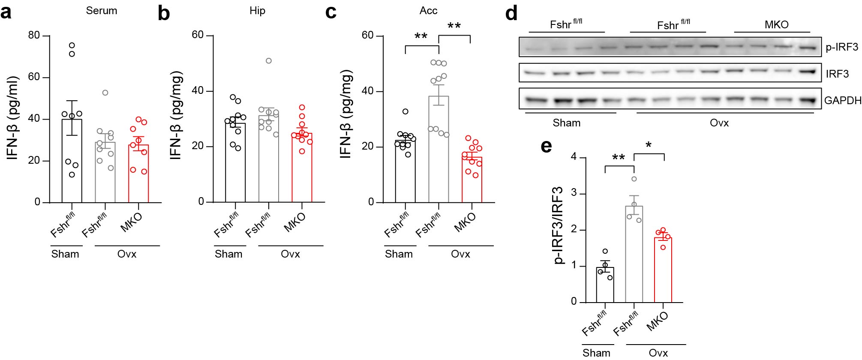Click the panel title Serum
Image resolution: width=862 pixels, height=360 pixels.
pyautogui.click(x=101, y=11)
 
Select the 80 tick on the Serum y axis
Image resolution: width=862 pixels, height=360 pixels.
pyautogui.click(x=34, y=35)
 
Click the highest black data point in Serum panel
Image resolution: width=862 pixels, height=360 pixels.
pyautogui.click(x=72, y=45)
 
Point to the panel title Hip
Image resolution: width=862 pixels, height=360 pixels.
pyautogui.click(x=257, y=11)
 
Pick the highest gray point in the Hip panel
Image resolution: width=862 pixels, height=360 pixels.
pyautogui.click(x=268, y=61)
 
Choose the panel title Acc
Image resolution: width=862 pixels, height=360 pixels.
pyautogui.click(x=428, y=11)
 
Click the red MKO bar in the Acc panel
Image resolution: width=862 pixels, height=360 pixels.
pyautogui.click(x=472, y=180)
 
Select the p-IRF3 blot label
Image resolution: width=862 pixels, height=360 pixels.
pyautogui.click(x=842, y=47)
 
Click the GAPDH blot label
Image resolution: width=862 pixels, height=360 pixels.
pyautogui.click(x=843, y=101)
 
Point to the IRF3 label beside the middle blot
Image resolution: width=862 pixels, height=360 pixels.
pyautogui.click(x=837, y=74)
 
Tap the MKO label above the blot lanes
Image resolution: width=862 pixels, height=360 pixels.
pyautogui.click(x=776, y=24)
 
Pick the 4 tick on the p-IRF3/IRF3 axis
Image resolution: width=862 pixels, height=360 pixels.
pyautogui.click(x=573, y=157)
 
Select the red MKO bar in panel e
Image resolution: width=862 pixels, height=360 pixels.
pyautogui.click(x=663, y=270)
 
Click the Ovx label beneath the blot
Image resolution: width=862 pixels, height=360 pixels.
pyautogui.click(x=719, y=123)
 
